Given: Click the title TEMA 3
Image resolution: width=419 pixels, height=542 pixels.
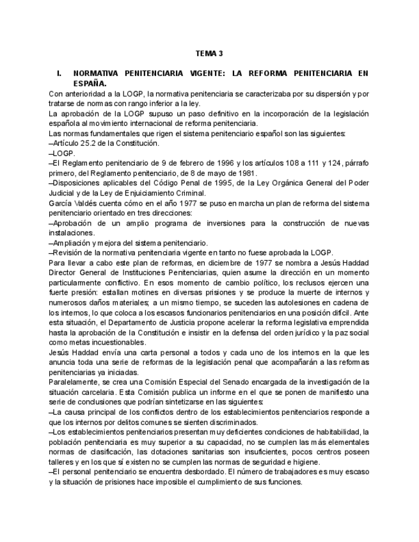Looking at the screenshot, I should coord(209,53).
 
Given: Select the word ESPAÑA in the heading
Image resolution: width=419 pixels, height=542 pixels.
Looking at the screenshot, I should coord(90,83).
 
